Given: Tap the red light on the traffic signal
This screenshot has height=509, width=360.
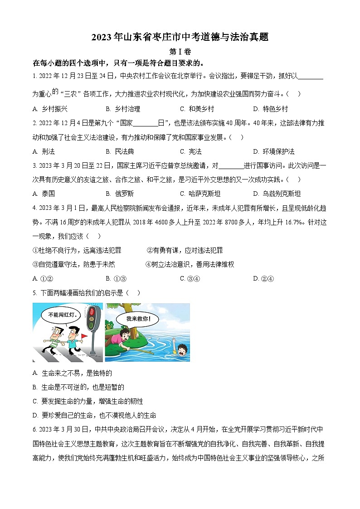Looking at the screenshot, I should point(93,311).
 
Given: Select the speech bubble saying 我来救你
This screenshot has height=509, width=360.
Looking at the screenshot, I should point(139,319).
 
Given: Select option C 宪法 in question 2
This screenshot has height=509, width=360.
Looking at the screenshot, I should point(191,151).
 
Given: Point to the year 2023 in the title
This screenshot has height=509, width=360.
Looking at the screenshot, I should point(102,38).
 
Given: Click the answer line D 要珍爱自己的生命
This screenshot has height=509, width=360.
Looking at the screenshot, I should point(95,415).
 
